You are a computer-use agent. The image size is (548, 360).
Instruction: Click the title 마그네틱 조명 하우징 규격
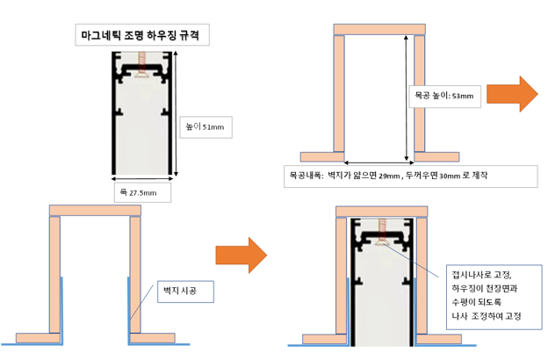(141, 36)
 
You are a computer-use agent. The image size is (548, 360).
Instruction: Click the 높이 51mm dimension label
(205, 127)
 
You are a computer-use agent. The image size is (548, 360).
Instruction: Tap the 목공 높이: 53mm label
(444, 95)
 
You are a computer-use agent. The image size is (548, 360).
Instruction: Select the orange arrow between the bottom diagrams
(242, 255)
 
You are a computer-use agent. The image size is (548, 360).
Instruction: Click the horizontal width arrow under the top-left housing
(141, 179)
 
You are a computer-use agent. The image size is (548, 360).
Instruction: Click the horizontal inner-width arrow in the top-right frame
(379, 162)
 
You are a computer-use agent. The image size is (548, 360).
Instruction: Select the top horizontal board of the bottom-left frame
(94, 209)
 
